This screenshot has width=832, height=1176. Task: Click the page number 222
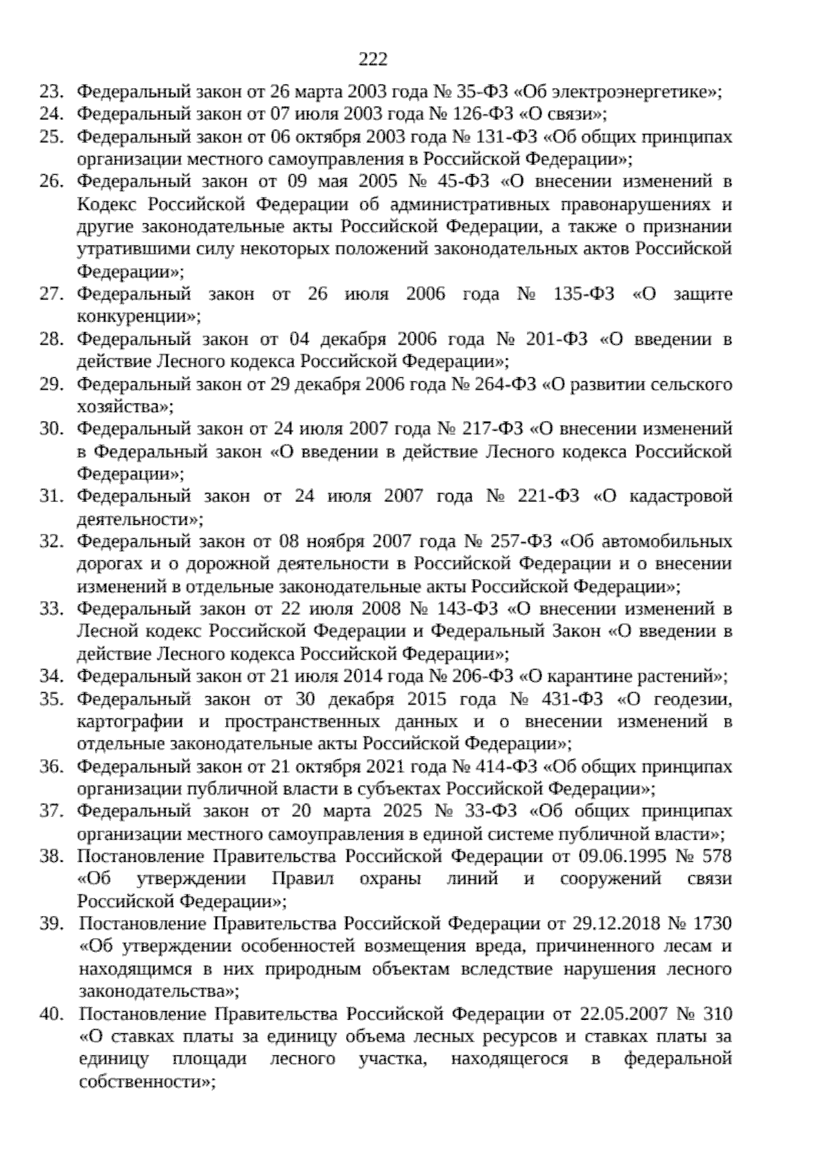coord(373,59)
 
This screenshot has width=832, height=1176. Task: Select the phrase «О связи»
coord(565,114)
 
